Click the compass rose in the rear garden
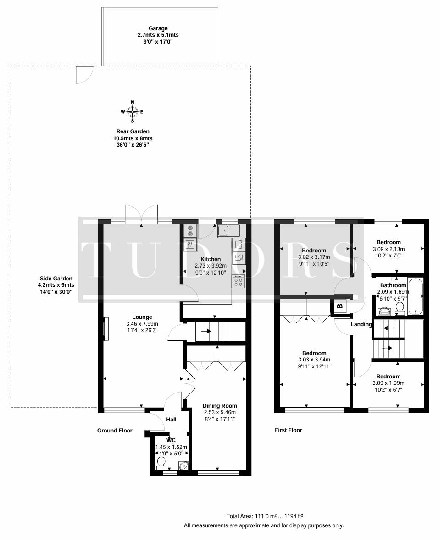133,111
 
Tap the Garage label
158,28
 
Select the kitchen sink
228,230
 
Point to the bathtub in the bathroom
415,296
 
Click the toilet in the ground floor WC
161,463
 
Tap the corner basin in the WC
183,465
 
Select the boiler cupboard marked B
340,306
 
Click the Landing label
361,324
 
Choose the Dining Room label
220,406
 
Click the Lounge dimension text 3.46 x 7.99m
142,323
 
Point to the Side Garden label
56,279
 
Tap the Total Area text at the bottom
265,516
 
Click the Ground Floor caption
115,430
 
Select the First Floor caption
288,430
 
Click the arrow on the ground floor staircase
206,331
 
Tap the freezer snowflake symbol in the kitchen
190,230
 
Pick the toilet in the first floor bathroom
400,308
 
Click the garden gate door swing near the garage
84,75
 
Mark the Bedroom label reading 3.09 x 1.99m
388,383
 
